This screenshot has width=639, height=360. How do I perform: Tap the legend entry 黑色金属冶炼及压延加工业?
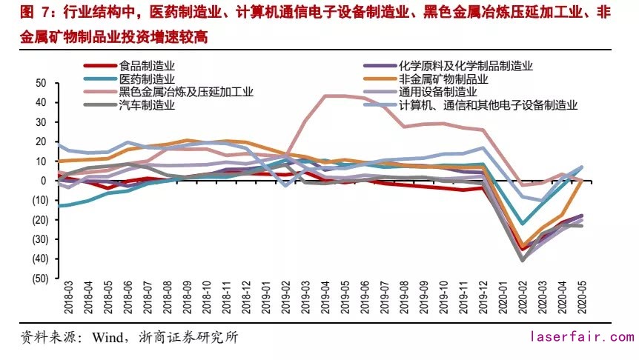click(x=186, y=92)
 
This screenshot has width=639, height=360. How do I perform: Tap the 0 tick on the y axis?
click(x=44, y=180)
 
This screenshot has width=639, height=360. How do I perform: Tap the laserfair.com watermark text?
click(x=580, y=337)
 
